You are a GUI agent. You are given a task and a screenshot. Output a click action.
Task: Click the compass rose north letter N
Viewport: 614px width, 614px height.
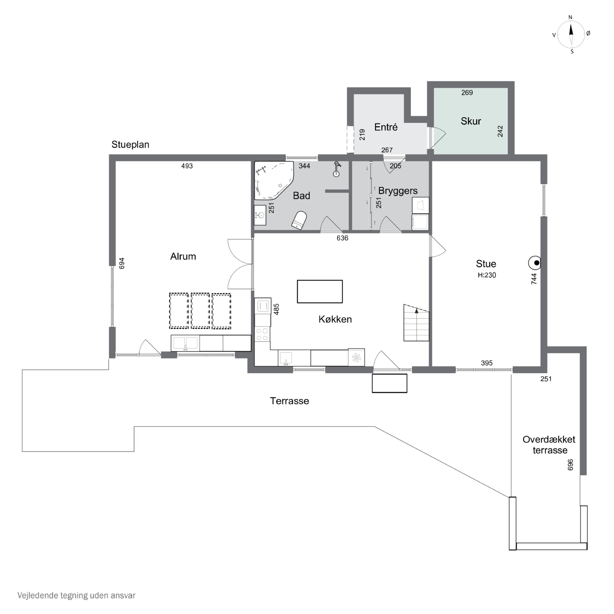570,17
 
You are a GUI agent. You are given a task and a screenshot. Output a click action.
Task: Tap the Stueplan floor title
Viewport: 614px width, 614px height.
130,145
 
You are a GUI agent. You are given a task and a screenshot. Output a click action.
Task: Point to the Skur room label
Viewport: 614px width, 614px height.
471,121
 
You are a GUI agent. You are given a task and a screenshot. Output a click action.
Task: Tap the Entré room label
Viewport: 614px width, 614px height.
386,127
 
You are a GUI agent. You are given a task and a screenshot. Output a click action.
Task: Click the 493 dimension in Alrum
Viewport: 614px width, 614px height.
187,166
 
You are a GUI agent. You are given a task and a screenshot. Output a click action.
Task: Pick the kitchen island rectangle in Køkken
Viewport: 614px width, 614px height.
320,291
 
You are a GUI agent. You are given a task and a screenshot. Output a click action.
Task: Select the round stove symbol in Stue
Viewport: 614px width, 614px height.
535,263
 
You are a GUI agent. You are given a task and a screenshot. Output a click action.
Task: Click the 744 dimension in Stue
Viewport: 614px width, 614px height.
534,279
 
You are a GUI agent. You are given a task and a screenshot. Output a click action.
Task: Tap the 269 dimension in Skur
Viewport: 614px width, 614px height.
467,93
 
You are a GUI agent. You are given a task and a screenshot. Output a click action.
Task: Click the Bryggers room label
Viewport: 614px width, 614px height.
398,191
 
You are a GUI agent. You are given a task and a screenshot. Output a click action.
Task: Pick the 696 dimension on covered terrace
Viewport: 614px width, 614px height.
570,465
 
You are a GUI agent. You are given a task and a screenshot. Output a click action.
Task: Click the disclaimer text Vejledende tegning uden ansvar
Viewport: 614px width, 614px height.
76,595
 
